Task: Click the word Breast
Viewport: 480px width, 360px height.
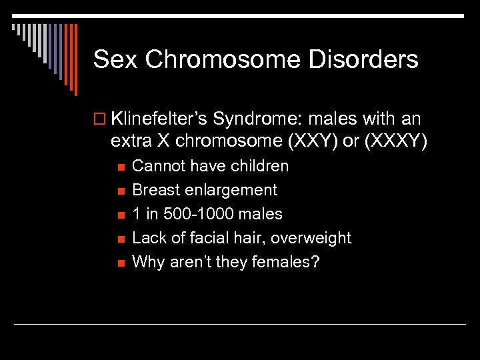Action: [x=155, y=190]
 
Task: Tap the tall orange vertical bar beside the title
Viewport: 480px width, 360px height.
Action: [x=75, y=60]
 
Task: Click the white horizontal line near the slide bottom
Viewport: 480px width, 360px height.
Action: [x=240, y=324]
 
